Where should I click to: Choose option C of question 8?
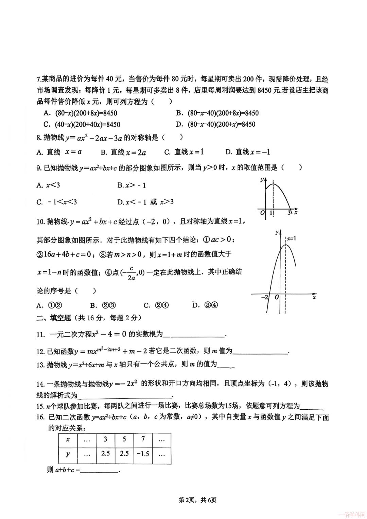tap(184, 152)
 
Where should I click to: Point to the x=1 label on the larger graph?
tap(291, 238)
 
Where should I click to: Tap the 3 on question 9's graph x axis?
tap(289, 213)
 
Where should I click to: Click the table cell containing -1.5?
tap(143, 453)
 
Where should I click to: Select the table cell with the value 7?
tap(143, 439)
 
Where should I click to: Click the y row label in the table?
tap(68, 453)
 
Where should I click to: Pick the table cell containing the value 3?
tap(105, 439)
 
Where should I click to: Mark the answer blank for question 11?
tap(194, 335)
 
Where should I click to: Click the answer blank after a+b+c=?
tap(99, 470)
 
